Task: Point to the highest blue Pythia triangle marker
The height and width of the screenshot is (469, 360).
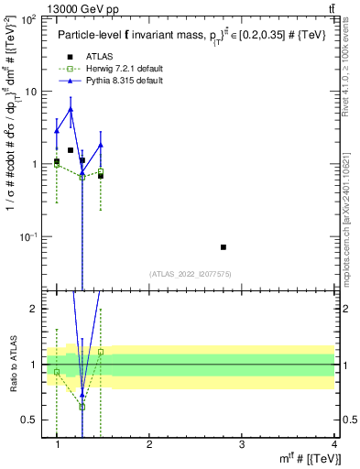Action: (71, 109)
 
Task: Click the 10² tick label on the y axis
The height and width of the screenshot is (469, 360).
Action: (29, 19)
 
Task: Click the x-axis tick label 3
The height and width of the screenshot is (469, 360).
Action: (242, 443)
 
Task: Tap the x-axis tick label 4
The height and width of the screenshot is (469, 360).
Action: (333, 443)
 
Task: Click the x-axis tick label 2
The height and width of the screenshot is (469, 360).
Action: (149, 443)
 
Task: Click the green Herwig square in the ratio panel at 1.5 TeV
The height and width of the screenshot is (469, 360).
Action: (101, 352)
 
